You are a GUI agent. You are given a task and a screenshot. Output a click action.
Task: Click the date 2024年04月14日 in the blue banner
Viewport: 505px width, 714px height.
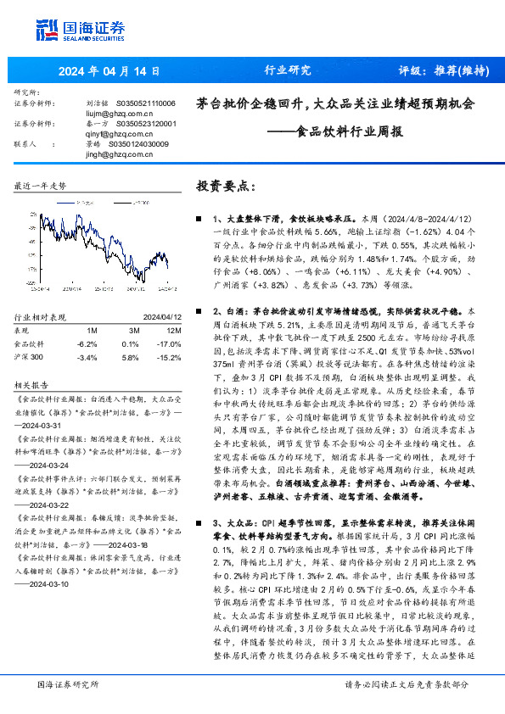coord(110,70)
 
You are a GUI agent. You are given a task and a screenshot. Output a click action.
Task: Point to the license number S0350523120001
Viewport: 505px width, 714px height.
coord(145,123)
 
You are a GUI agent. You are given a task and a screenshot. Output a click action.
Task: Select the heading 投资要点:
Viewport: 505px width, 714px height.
coord(224,184)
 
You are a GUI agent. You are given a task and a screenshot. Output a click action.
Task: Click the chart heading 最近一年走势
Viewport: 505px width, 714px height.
coord(41,185)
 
